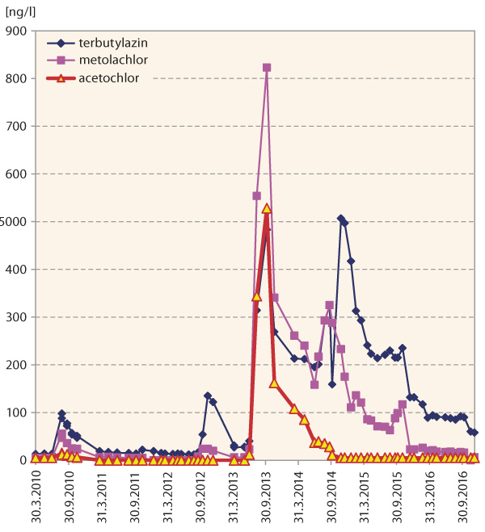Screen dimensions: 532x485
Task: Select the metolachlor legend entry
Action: pyautogui.click(x=108, y=61)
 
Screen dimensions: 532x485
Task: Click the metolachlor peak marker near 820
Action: pyautogui.click(x=267, y=68)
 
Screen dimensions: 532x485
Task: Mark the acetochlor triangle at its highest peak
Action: pyautogui.click(x=267, y=208)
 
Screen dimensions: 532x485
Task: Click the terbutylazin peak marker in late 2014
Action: pyautogui.click(x=340, y=219)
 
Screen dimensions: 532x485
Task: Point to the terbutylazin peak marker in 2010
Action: pyautogui.click(x=61, y=413)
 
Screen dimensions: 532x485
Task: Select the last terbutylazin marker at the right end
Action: pyautogui.click(x=474, y=433)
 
